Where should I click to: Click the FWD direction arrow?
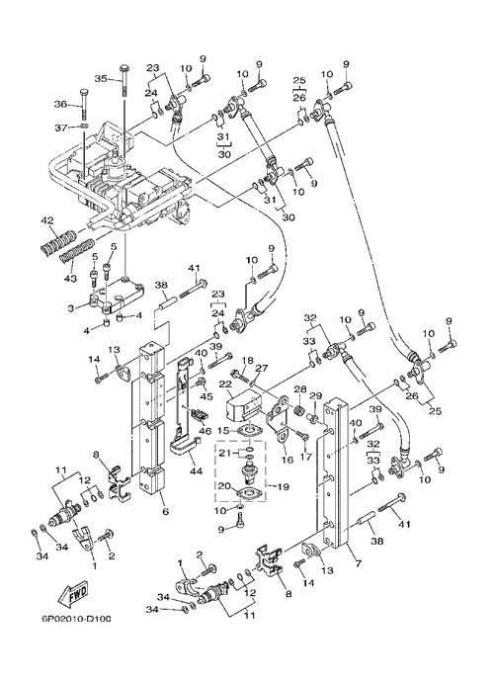(x=73, y=594)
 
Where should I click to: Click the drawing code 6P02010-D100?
(x=77, y=619)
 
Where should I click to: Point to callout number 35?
(x=101, y=79)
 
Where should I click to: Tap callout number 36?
(x=60, y=104)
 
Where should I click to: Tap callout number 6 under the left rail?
(x=165, y=511)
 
